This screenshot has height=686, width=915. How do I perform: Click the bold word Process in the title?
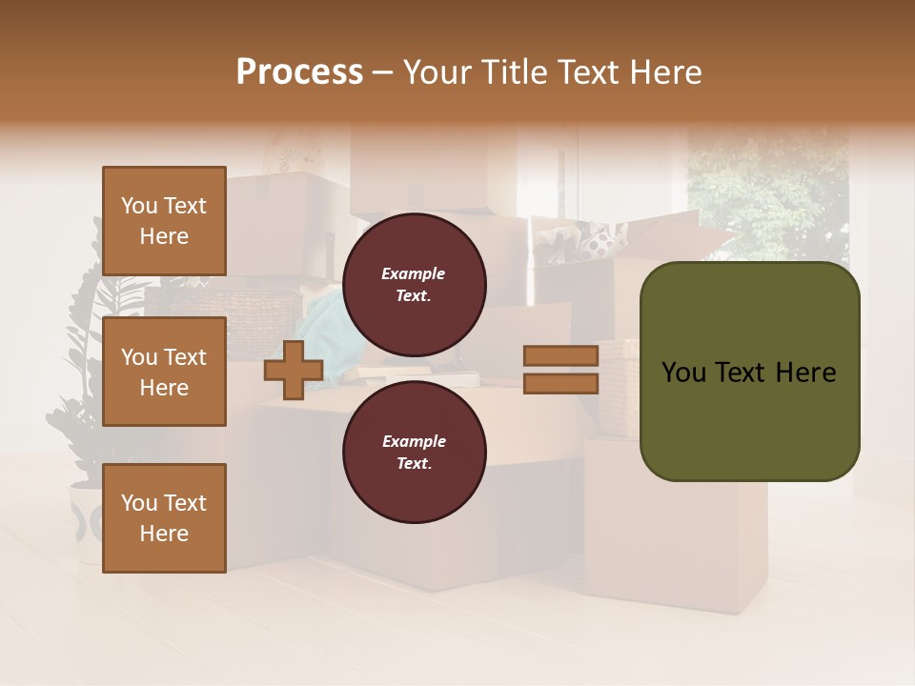pos(299,72)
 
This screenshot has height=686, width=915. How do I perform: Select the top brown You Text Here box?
pos(164,221)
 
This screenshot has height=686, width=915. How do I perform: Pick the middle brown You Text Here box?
pos(164,372)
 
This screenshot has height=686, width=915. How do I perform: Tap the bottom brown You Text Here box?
pos(164,518)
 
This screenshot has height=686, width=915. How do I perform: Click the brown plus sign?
pos(294,370)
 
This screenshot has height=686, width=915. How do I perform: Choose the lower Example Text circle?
pos(414,452)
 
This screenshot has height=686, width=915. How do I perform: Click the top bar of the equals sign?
pos(560,355)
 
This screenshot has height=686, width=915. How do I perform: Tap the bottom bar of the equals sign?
pos(560,383)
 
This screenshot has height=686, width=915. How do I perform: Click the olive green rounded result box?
pos(749,372)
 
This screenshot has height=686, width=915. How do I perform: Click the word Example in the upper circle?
pos(414,273)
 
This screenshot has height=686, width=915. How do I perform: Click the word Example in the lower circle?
pos(414,441)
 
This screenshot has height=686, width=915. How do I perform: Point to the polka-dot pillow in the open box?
pos(599,244)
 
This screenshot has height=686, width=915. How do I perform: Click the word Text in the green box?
pos(740,372)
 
